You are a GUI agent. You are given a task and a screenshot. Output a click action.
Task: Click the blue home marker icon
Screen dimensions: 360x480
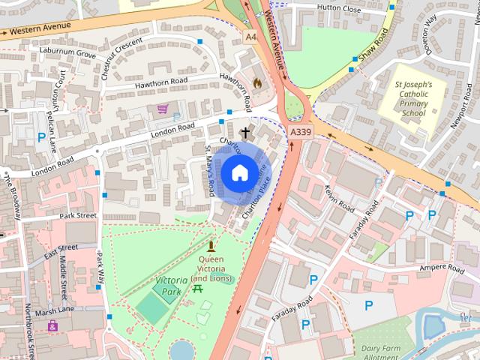pos(239,173)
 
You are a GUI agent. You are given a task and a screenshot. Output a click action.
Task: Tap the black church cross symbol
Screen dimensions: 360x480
pos(244,133)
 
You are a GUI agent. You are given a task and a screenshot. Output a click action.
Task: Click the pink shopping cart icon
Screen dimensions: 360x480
pos(162,109)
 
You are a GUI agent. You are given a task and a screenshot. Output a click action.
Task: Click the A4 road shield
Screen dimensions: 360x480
pos(250,35)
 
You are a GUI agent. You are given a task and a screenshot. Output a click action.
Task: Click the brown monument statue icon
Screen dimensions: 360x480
pos(211,246)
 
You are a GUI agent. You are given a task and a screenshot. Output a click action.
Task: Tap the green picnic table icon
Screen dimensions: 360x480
pos(198,289)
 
